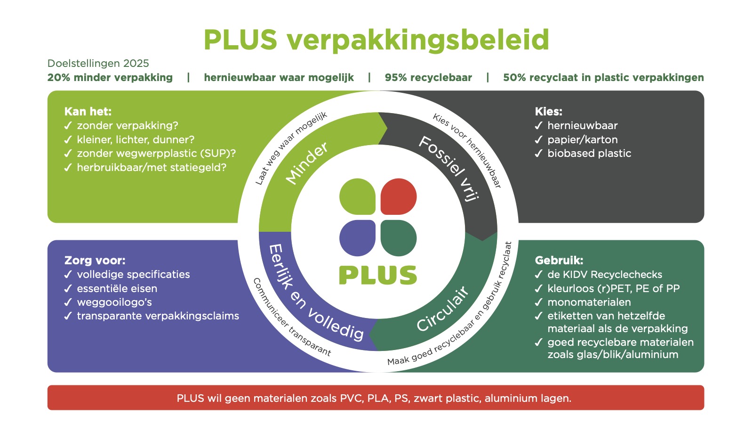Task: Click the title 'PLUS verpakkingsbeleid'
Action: (376, 40)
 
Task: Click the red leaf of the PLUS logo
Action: (399, 196)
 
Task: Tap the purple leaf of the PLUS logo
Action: (357, 238)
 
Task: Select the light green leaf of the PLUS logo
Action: (357, 196)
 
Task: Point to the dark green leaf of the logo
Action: (399, 238)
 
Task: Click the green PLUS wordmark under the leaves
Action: (378, 275)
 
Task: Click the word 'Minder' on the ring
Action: (307, 163)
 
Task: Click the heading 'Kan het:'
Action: (88, 112)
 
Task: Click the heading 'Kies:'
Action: (549, 112)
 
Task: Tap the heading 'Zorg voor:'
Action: (95, 261)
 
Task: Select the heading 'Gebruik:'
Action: (559, 261)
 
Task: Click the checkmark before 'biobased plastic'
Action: (539, 154)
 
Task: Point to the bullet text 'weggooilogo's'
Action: (114, 302)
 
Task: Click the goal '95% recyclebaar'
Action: (428, 78)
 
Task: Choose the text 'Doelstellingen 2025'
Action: (98, 64)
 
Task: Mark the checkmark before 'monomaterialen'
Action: (539, 302)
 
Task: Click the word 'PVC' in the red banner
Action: (351, 398)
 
